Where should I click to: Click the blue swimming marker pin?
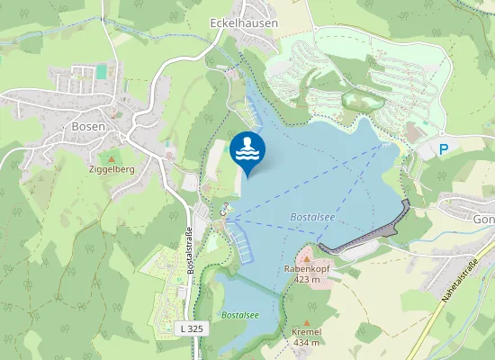pos(247,151)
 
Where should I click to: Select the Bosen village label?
pos(88,127)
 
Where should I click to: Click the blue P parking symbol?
pos(443,148)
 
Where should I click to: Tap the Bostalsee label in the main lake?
pos(312,217)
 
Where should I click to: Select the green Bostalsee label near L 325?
pos(240,315)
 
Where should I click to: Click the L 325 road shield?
pos(192,328)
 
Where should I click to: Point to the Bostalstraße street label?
pos(190,250)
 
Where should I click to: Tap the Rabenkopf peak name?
pos(307,268)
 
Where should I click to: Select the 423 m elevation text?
pos(307,279)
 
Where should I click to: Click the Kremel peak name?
pos(307,332)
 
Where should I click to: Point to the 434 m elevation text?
pos(307,343)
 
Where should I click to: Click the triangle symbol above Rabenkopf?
pos(307,257)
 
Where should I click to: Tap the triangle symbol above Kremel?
pos(307,321)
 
